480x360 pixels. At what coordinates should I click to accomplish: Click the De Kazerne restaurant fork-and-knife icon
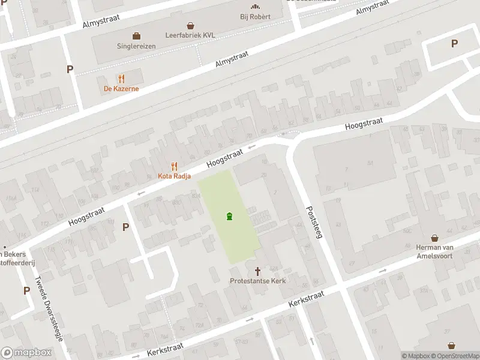coord(121,79)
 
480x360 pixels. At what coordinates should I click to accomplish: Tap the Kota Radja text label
coord(174,176)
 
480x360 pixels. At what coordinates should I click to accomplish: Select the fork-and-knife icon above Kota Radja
coord(174,166)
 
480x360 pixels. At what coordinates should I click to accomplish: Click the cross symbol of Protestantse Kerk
coord(259,271)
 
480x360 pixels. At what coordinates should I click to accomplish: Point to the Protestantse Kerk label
coord(258,281)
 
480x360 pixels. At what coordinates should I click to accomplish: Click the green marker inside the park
coord(229,216)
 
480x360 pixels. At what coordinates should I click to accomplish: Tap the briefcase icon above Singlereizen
coord(137,35)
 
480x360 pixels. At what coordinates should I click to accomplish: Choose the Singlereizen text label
coord(137,46)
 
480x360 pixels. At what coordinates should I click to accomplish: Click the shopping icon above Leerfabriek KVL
coord(191,26)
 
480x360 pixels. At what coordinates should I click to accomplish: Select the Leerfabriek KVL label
coord(191,35)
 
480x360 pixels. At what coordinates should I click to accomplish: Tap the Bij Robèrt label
coord(255,16)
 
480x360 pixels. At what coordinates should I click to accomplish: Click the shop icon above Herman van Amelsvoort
coord(434,238)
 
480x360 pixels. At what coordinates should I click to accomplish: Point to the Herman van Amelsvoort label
coord(434,251)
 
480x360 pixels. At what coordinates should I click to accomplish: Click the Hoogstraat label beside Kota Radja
coord(225,158)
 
